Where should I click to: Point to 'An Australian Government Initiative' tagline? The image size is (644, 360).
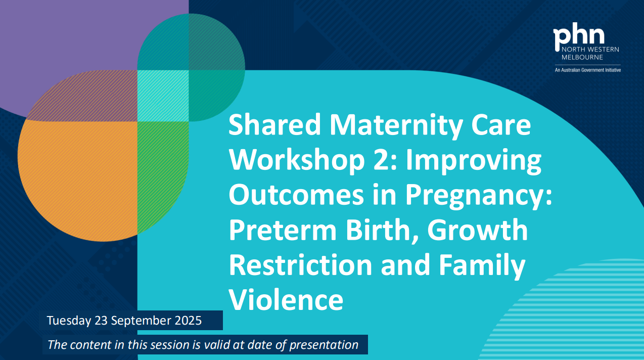(587, 70)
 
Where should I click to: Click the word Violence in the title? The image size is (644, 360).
(286, 299)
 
